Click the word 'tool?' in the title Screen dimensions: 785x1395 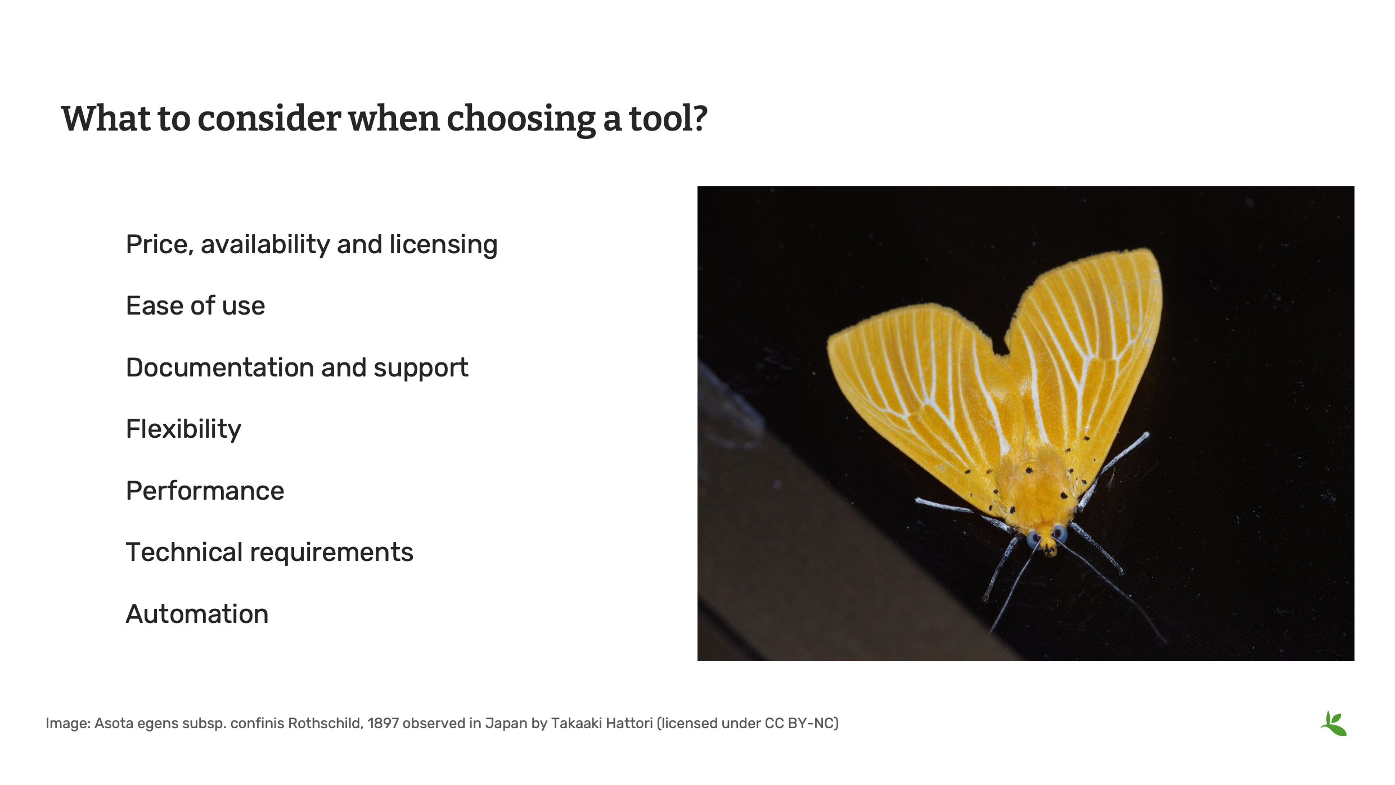pos(668,119)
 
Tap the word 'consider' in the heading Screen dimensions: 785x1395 pos(269,119)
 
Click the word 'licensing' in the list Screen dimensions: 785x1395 pos(443,245)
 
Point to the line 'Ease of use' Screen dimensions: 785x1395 pos(195,306)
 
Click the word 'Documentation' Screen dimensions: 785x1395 pos(220,368)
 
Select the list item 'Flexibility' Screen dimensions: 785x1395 pos(183,429)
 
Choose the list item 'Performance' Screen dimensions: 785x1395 pos(205,491)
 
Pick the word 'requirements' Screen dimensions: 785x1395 pos(331,553)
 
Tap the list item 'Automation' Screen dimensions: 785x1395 pos(197,614)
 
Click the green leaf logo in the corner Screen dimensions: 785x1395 pos(1334,724)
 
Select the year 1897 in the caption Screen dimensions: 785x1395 pos(383,723)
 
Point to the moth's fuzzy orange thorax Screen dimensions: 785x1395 pos(1038,484)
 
